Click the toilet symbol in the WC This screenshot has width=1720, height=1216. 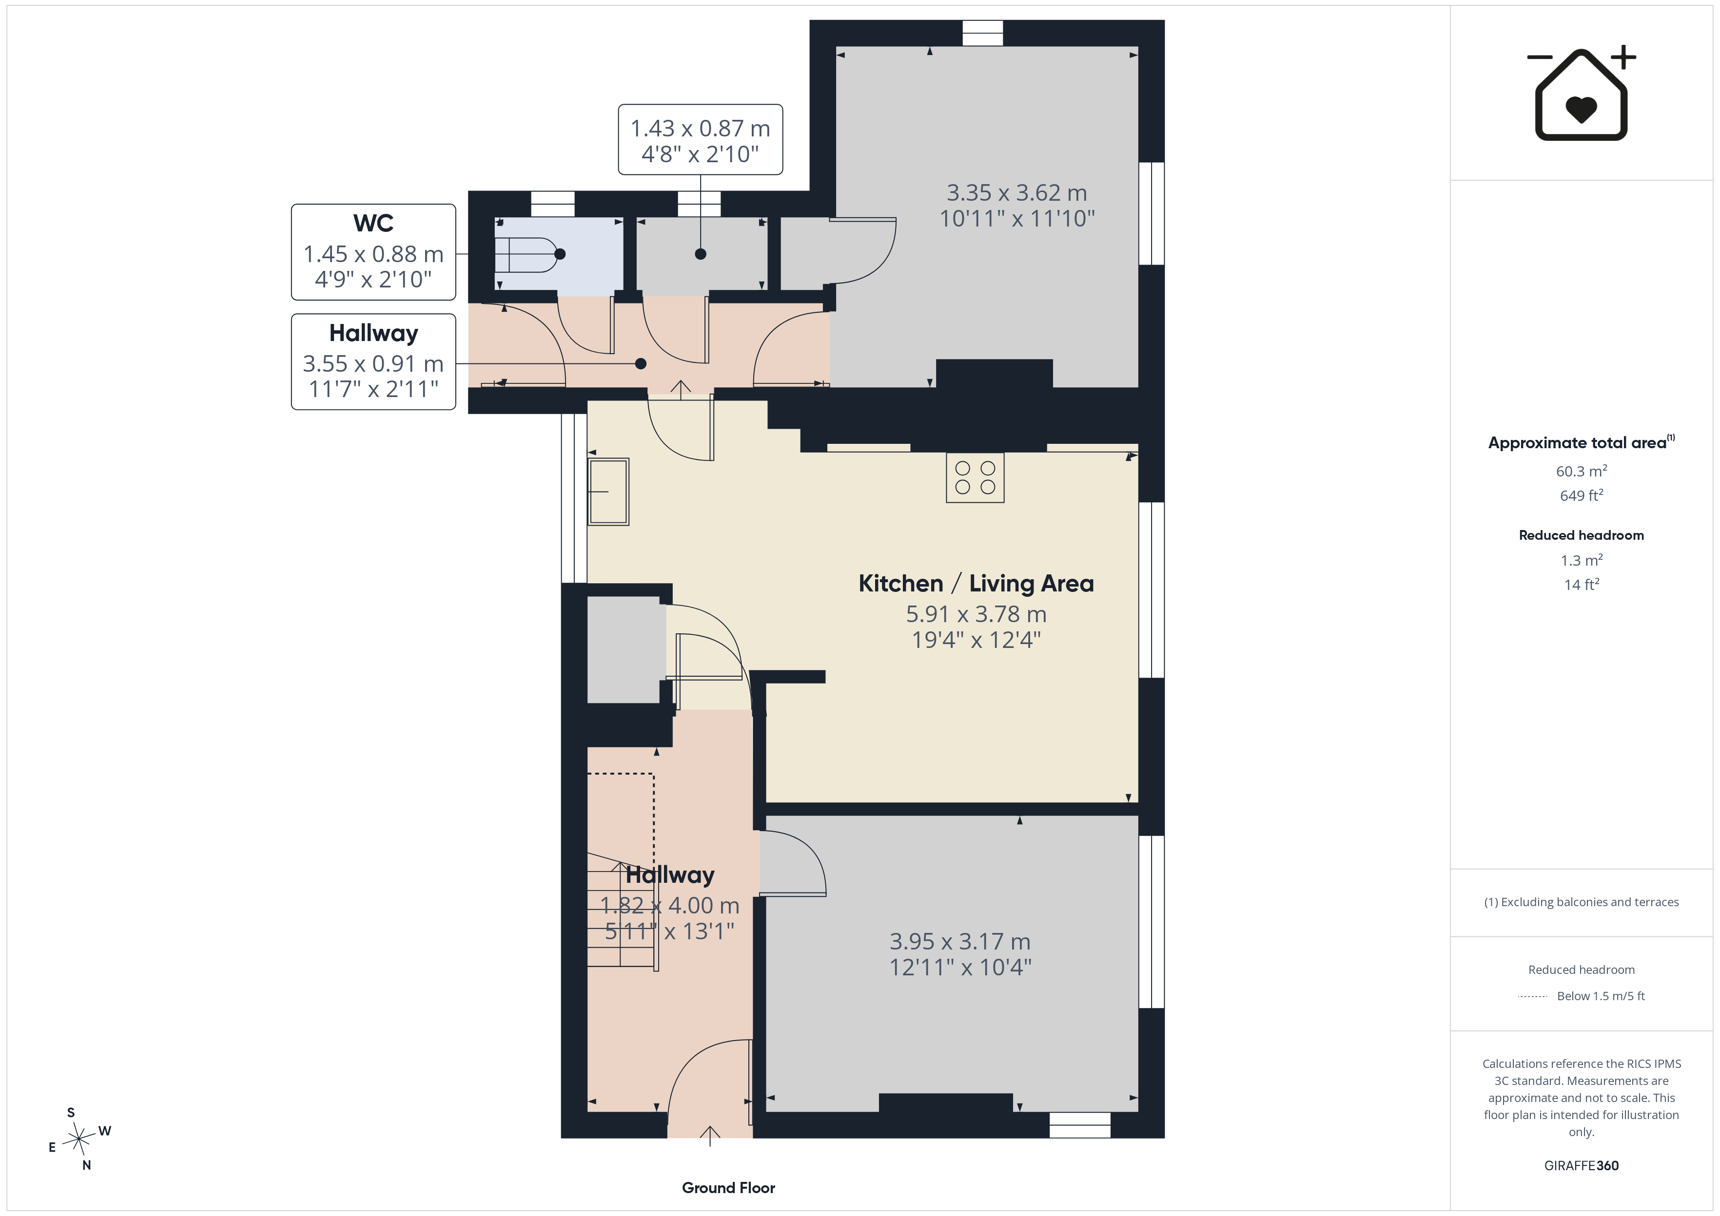(528, 254)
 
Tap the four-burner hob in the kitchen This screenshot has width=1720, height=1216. (975, 478)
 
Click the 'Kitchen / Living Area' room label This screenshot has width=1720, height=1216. (976, 583)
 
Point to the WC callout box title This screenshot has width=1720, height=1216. (373, 223)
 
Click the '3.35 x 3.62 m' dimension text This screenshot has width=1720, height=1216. (1016, 192)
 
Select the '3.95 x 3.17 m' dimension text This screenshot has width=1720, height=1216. (959, 941)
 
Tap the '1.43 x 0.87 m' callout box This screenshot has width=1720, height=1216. (701, 140)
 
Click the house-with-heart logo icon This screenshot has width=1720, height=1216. (1581, 93)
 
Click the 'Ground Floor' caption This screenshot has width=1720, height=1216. (728, 1188)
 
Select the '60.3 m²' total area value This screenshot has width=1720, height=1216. (1582, 471)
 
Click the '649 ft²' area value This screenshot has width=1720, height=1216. (1582, 495)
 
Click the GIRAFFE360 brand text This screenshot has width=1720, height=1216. (1582, 1165)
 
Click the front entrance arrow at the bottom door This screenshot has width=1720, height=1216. (709, 1135)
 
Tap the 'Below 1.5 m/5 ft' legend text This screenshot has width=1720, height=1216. (1601, 996)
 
